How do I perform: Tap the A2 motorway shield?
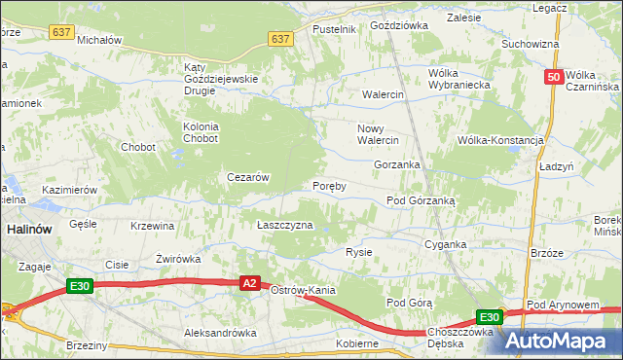(x=249, y=283)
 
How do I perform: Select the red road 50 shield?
(x=553, y=78)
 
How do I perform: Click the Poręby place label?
(x=329, y=186)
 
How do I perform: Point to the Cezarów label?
(x=247, y=177)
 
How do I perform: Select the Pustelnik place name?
(x=334, y=29)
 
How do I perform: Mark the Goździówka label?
(x=398, y=25)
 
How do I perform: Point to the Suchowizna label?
(x=530, y=44)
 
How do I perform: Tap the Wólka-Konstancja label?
(x=500, y=140)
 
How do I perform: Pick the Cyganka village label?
(x=447, y=245)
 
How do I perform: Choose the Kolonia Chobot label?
(x=202, y=132)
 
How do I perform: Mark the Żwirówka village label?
(x=178, y=259)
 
